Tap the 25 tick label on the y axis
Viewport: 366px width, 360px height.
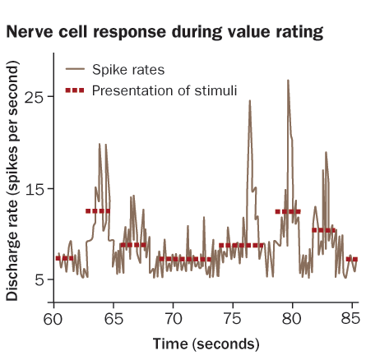[x=35, y=96]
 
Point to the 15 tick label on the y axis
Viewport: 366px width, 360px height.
[x=35, y=188]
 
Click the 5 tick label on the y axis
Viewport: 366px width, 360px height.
[x=39, y=279]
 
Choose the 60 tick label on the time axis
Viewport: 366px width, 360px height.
[x=53, y=318]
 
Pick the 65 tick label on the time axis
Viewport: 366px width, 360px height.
[x=114, y=318]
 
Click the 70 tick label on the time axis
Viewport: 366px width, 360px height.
[x=174, y=318]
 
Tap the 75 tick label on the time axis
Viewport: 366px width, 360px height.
[x=233, y=318]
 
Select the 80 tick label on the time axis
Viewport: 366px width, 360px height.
[x=292, y=318]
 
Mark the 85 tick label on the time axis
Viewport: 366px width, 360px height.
[x=350, y=318]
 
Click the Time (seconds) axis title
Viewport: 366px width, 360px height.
[x=206, y=344]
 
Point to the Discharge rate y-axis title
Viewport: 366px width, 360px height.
[x=12, y=181]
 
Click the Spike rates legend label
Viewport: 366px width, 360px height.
[x=128, y=70]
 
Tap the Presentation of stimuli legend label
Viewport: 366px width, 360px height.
[x=164, y=90]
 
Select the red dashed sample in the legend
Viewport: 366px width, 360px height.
[x=75, y=90]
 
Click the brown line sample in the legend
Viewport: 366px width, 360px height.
[x=75, y=69]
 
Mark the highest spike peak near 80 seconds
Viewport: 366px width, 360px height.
[x=288, y=81]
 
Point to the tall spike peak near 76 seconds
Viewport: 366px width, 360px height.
[x=250, y=100]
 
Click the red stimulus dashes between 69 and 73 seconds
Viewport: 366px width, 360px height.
[x=185, y=259]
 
